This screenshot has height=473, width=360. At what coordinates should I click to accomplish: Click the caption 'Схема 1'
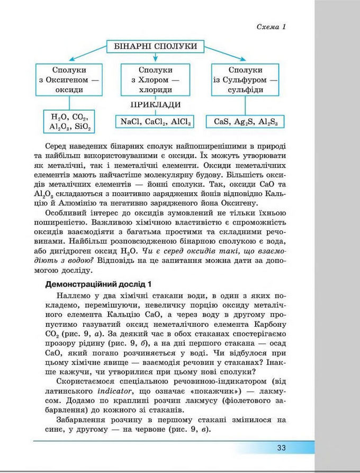click(271, 27)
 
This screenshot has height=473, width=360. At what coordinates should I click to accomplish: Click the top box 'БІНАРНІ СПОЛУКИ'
click(155, 47)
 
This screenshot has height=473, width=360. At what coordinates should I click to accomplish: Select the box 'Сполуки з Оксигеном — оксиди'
click(69, 80)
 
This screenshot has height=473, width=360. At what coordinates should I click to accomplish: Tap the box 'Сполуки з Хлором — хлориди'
click(155, 80)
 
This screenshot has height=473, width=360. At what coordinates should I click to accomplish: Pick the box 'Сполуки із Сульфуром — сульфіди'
click(245, 80)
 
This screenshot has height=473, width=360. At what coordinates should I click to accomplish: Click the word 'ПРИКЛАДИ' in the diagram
click(155, 104)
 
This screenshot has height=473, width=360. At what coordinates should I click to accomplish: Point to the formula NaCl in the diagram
click(130, 122)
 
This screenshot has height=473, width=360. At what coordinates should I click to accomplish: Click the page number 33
click(281, 448)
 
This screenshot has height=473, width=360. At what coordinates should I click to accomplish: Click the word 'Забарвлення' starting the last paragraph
click(78, 420)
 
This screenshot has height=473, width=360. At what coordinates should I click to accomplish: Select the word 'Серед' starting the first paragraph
click(57, 146)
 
